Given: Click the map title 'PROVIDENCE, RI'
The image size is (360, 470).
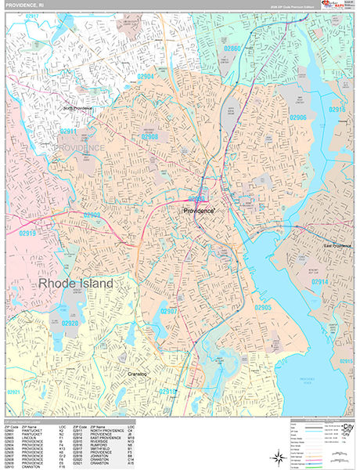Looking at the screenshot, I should click(23, 5).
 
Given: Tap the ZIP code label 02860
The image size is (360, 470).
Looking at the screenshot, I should click(233, 48).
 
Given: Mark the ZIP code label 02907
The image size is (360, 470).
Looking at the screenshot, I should click(172, 312).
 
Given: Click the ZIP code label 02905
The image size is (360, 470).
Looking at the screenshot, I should click(261, 307).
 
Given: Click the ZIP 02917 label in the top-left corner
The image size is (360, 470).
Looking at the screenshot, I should click(32, 16).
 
